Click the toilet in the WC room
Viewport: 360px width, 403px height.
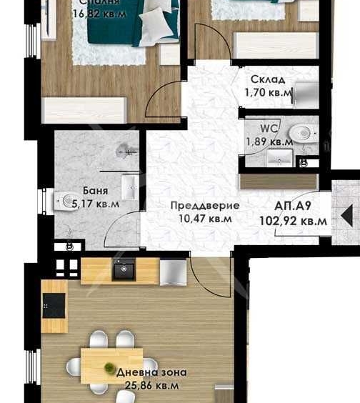coord(304,132)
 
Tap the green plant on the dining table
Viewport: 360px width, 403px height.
coord(109,367)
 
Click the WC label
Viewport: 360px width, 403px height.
coord(269,129)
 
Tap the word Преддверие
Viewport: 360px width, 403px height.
coord(204,206)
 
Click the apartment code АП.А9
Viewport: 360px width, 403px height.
coord(291,207)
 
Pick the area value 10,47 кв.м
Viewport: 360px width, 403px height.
coord(205,219)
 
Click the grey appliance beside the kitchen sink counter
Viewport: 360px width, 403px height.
coord(173,272)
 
